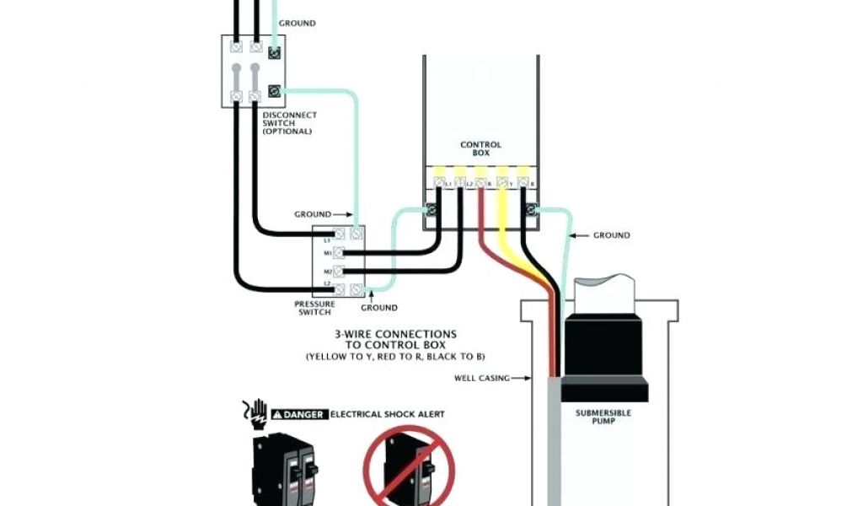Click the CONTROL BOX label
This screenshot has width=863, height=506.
coord(480,148)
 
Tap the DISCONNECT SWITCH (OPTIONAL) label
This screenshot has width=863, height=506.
coord(289,123)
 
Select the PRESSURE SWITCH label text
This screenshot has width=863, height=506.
coord(314,308)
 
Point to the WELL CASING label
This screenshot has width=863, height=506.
coord(482,378)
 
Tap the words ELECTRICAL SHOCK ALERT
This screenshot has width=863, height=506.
coord(387,414)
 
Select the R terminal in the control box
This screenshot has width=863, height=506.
coord(481,181)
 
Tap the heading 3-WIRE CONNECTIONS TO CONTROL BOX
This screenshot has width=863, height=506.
coord(395,340)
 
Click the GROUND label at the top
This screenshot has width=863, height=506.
coord(297,23)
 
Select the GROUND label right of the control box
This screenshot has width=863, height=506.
coord(611,235)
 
